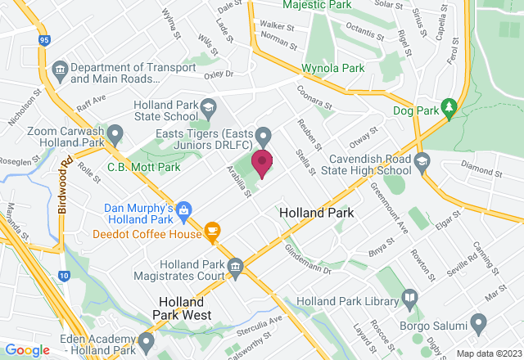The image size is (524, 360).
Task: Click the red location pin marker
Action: [x=262, y=162]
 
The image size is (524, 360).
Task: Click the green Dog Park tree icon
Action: [x=448, y=106]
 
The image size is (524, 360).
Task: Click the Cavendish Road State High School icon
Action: [x=422, y=160]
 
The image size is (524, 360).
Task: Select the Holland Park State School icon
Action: [x=209, y=107]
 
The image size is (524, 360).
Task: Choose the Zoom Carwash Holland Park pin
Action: [x=116, y=131]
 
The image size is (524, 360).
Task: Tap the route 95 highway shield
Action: [x=43, y=38]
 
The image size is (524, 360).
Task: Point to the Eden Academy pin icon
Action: [x=147, y=340]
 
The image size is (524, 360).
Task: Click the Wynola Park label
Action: [x=332, y=68]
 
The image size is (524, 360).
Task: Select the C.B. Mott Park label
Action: [x=144, y=168]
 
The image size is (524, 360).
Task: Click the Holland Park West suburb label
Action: [x=187, y=308]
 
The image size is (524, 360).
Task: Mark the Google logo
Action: [x=27, y=350]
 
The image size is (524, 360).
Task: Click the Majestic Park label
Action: [x=317, y=5]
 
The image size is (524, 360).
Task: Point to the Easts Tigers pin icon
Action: [x=263, y=135]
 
